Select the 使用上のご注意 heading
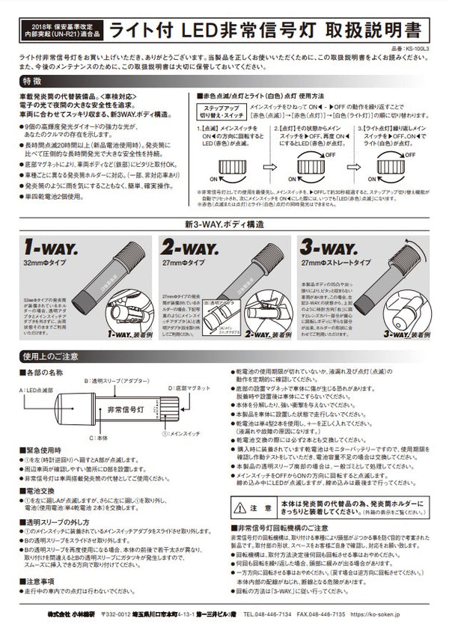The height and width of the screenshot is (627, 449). pos(50,356)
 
